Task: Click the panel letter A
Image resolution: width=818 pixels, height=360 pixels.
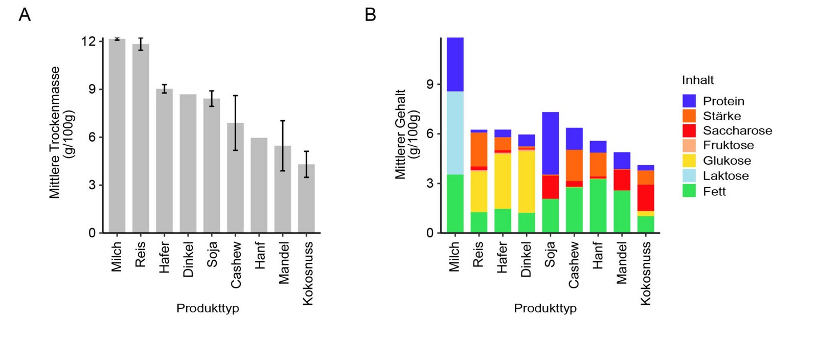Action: (25, 15)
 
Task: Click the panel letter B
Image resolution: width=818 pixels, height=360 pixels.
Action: (370, 15)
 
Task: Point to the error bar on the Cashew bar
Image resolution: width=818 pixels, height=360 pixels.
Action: (235, 123)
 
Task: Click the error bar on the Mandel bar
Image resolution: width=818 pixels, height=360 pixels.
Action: (283, 146)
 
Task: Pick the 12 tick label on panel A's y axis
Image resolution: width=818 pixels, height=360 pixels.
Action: (88, 41)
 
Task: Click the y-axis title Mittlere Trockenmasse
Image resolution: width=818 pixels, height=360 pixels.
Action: (55, 132)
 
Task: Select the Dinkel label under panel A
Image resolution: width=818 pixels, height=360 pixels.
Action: (188, 259)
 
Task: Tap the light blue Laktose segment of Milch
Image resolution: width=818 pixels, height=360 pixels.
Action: (455, 133)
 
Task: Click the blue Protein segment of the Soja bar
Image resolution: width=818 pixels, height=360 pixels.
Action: (550, 143)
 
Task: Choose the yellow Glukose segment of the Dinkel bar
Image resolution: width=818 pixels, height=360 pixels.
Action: (526, 182)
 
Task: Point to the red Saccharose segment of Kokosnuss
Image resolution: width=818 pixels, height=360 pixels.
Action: (645, 197)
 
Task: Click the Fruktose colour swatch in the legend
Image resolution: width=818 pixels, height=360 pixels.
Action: (689, 145)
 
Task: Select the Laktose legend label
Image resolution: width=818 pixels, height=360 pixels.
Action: (725, 176)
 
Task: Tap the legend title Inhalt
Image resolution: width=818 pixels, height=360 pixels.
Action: (697, 80)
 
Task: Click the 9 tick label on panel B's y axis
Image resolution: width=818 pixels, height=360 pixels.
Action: (430, 84)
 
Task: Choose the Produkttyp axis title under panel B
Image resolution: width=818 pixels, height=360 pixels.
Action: (545, 308)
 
